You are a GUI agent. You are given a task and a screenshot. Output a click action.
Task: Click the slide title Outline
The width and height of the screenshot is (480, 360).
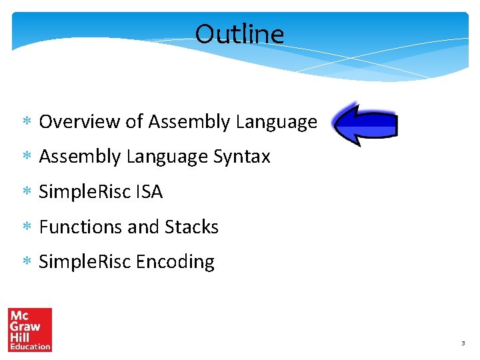tap(239, 34)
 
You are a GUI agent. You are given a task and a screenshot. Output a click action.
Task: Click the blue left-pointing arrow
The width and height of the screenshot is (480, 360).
tap(366, 125)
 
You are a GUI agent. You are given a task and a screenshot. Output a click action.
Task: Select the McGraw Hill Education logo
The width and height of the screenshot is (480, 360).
tap(30, 329)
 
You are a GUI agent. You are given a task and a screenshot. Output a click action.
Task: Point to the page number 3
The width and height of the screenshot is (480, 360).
tap(462, 343)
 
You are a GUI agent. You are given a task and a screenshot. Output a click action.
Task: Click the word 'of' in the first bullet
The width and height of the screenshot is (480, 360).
tap(134, 122)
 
